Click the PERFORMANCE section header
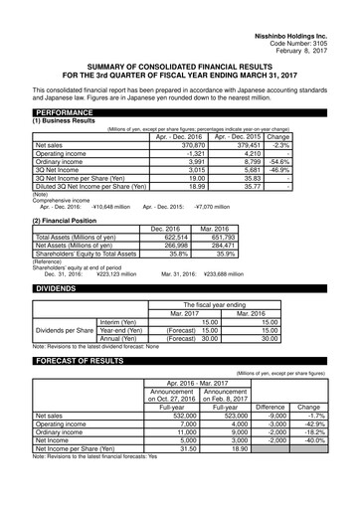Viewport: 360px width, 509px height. (x=64, y=113)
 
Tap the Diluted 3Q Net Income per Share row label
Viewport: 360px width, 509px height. (x=84, y=185)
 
